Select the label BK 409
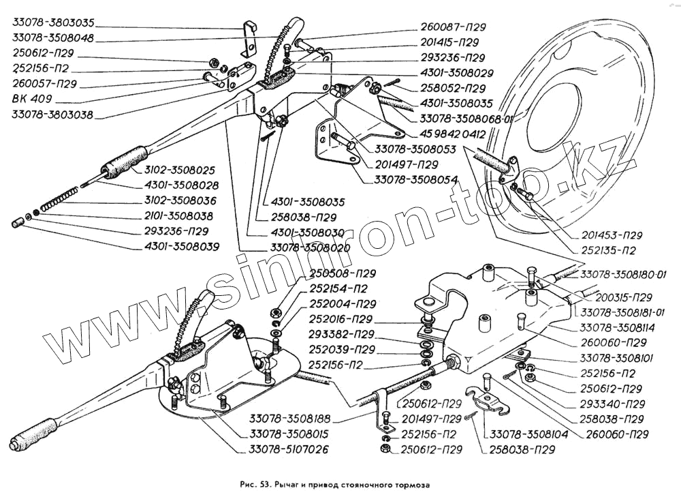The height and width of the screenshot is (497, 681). [x=31, y=99]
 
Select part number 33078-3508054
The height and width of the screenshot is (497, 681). [x=415, y=179]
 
